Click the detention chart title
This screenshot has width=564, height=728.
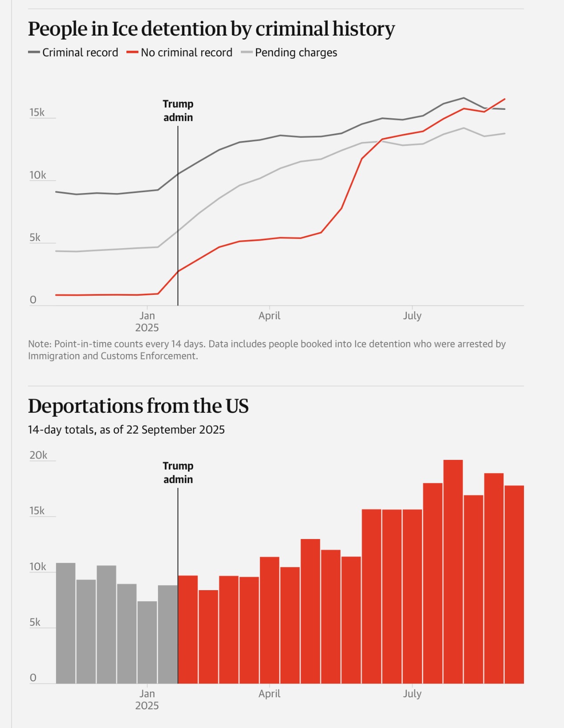(x=211, y=29)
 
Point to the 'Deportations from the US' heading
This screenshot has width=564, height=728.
(x=138, y=406)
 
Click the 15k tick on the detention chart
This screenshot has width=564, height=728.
(x=37, y=113)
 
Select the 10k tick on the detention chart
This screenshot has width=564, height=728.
(x=37, y=175)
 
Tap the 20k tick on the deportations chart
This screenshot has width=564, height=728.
(x=38, y=455)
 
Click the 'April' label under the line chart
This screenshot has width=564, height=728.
(x=269, y=316)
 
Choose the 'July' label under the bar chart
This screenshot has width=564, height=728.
(x=412, y=694)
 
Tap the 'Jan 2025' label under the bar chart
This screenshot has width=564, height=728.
(x=147, y=700)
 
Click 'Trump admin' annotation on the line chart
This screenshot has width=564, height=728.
(x=178, y=111)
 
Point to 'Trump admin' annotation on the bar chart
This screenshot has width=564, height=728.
(x=178, y=473)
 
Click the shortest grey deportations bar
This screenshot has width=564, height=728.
(x=147, y=642)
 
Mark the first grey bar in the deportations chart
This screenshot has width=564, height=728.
(x=66, y=623)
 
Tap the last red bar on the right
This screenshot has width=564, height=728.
(x=514, y=584)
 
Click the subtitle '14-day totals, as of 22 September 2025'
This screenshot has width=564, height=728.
(x=126, y=430)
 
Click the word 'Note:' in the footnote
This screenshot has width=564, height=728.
(x=40, y=344)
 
